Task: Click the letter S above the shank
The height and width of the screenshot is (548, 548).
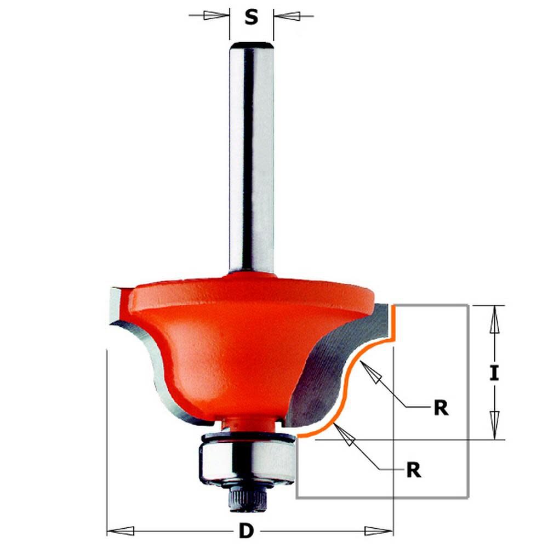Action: (251, 19)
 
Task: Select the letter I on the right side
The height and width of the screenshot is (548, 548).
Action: (494, 373)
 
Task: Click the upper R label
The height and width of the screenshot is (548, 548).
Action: (440, 408)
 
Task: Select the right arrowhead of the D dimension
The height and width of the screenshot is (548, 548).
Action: (379, 530)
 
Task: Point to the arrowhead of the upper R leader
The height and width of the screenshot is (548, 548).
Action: (373, 375)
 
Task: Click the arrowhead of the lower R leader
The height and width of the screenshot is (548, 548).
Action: (345, 436)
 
